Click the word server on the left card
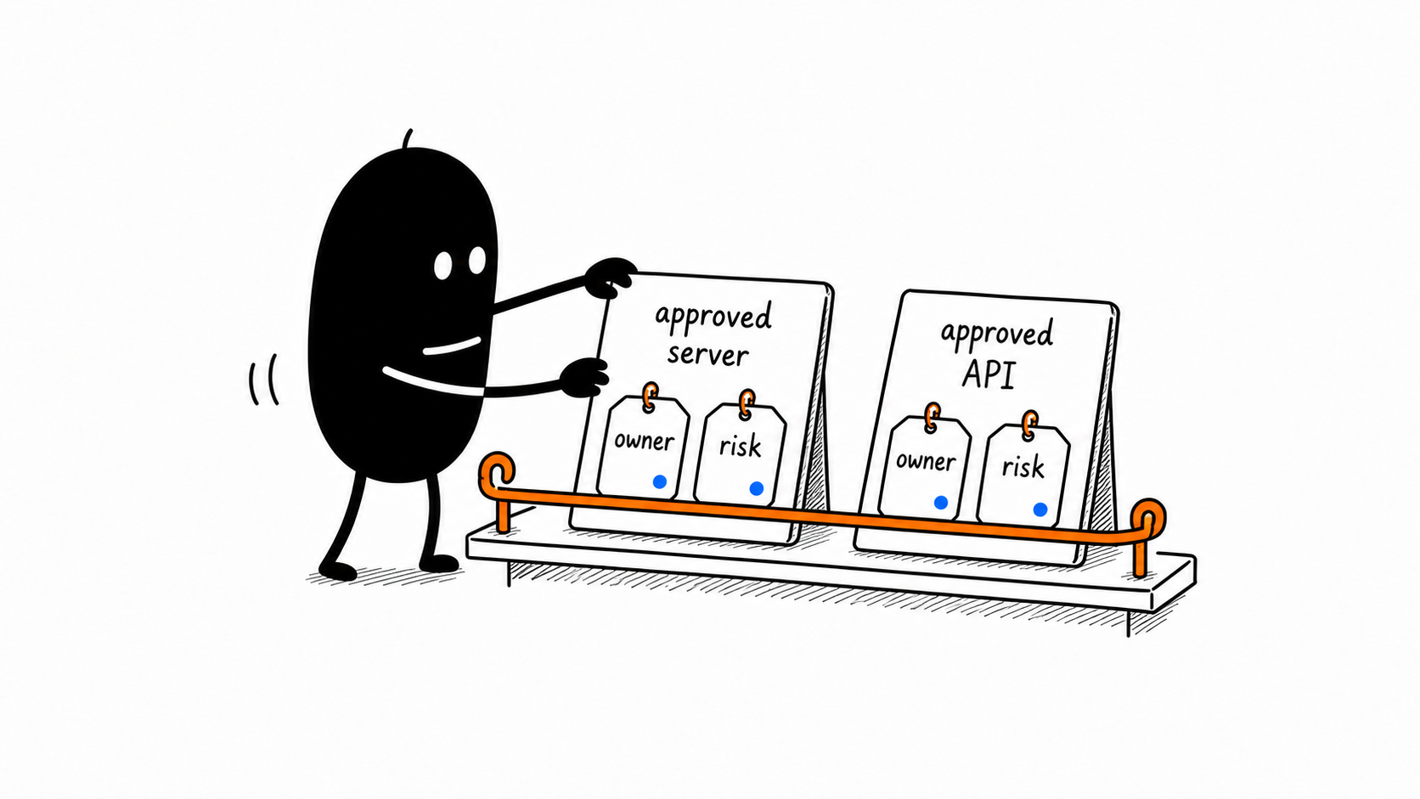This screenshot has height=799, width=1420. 707,354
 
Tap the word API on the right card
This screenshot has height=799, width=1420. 989,374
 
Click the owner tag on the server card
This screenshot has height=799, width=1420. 643,447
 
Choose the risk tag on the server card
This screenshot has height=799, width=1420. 740,453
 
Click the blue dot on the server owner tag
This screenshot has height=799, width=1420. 660,481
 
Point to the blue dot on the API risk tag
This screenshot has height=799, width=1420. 1040,509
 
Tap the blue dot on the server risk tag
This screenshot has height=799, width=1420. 756,488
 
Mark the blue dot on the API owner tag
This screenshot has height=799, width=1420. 941,503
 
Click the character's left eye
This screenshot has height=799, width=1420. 443,266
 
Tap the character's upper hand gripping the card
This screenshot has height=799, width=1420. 610,277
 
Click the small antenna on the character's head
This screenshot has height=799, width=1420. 408,138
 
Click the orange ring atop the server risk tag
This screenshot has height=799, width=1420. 747,403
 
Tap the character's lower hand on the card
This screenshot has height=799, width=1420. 585,377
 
